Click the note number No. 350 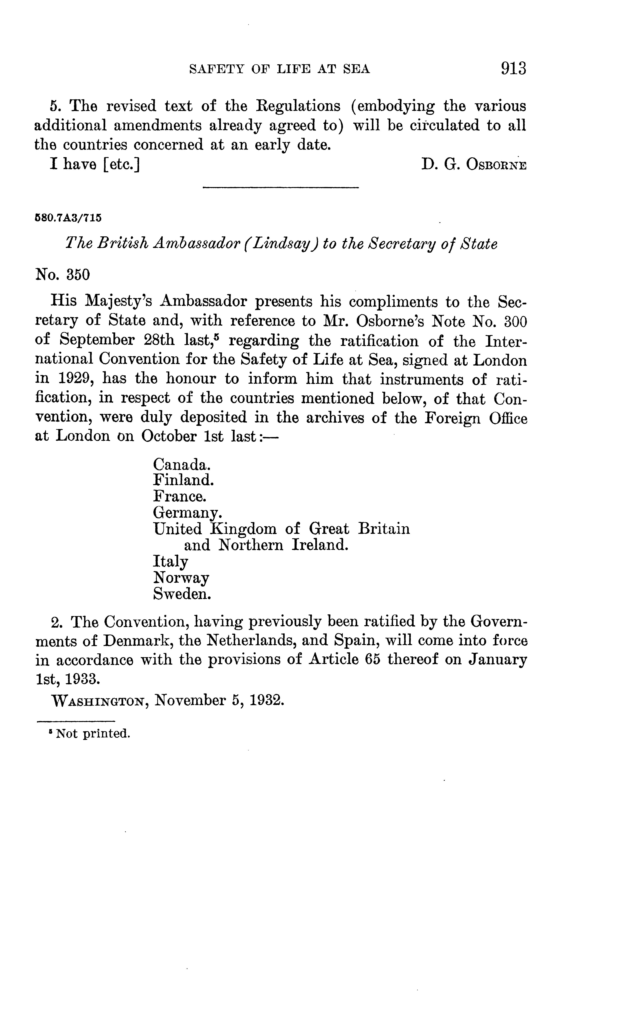click(63, 274)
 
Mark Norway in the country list click(181, 578)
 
